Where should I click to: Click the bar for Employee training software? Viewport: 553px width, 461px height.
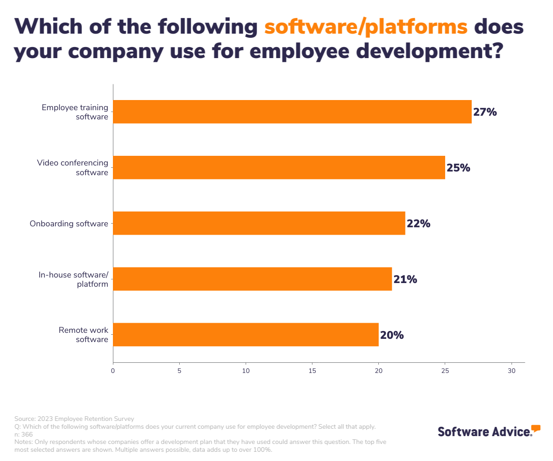292,112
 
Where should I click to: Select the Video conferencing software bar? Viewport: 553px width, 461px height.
279,167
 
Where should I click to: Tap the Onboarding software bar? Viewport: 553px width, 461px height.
259,223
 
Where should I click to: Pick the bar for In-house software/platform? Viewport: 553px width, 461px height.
253,279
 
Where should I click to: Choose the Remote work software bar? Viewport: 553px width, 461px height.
246,335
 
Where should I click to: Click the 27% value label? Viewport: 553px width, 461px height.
485,112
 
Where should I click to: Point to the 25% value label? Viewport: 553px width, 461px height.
458,168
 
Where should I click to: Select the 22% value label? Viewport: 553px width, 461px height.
418,224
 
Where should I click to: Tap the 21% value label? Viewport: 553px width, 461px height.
405,279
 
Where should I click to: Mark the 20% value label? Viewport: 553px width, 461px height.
392,335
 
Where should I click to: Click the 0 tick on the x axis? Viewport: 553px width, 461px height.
113,371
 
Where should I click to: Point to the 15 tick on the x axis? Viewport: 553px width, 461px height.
312,371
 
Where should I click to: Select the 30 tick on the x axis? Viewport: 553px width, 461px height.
511,371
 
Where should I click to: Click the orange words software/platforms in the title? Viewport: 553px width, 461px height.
366,27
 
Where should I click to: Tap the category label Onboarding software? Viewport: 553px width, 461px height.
69,224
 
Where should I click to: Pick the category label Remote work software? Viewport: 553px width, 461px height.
83,335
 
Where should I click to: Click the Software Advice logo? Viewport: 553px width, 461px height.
488,431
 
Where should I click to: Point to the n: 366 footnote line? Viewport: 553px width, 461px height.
24,434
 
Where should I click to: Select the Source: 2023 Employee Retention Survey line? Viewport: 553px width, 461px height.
74,419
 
